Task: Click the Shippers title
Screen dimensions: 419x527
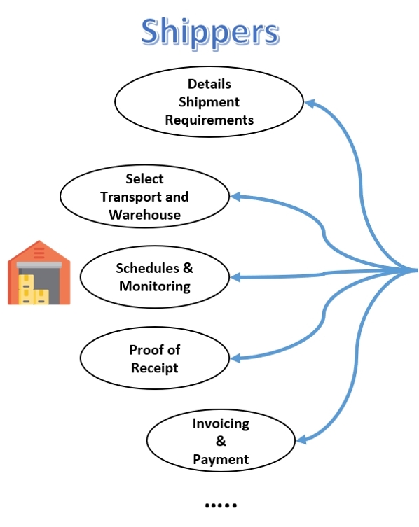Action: (x=210, y=34)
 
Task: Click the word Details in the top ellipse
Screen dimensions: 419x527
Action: (x=209, y=84)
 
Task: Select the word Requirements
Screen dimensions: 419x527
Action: (x=209, y=120)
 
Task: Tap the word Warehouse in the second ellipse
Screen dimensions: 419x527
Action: (x=145, y=215)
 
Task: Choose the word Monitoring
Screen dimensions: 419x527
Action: (x=155, y=287)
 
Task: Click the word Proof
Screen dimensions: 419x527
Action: (x=145, y=350)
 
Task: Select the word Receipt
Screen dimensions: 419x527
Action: (x=155, y=368)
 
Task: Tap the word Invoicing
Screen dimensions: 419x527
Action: (x=221, y=424)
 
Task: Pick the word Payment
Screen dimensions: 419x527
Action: (x=221, y=459)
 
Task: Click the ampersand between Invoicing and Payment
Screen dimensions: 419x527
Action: (x=221, y=441)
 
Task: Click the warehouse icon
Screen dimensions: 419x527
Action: (x=39, y=272)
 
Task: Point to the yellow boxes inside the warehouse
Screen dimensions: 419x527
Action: (x=34, y=290)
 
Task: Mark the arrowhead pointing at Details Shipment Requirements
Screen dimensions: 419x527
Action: (x=310, y=103)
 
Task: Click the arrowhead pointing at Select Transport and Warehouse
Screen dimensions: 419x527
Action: (x=235, y=197)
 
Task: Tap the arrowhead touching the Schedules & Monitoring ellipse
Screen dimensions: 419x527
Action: (x=235, y=277)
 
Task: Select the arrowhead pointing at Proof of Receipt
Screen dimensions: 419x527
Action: (x=235, y=358)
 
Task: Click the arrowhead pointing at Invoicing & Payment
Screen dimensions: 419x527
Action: (x=301, y=440)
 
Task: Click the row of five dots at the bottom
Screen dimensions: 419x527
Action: (x=221, y=505)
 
